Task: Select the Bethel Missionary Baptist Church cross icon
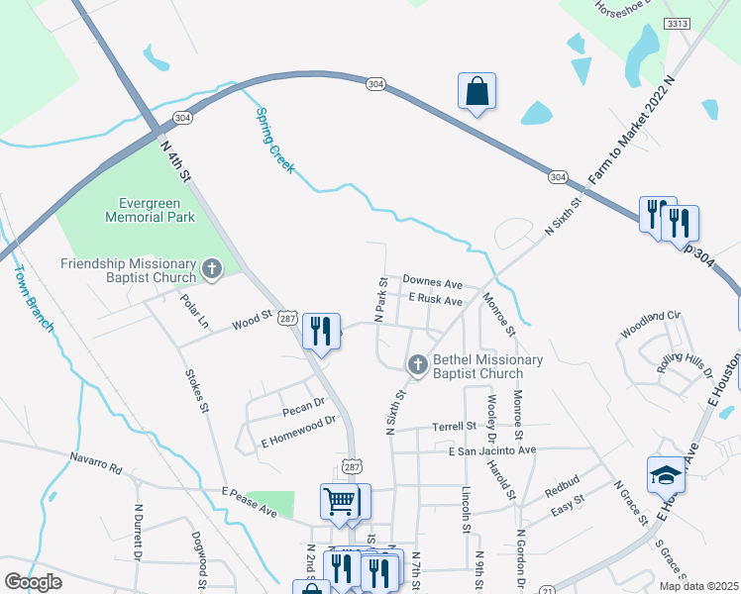[417, 365]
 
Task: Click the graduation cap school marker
[666, 476]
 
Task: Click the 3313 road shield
[679, 23]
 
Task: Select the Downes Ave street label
[433, 283]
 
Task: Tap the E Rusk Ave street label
[435, 300]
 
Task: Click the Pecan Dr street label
[304, 404]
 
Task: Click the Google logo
[34, 582]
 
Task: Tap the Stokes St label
[197, 390]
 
